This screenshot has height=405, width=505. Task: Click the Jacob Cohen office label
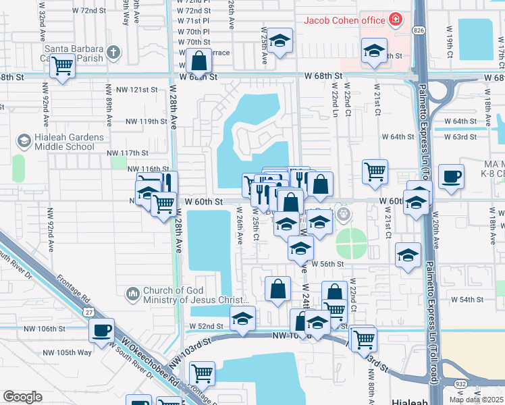[x=344, y=20]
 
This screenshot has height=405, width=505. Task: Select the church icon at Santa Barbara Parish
[x=113, y=51]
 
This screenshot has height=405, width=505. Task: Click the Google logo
[x=22, y=397]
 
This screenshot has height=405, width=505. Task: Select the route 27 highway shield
[x=89, y=312]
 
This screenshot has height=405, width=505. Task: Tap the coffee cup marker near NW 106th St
[x=101, y=331]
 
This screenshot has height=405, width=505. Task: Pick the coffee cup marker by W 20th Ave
[x=451, y=177]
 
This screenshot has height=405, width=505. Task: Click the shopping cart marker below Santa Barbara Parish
[x=63, y=67]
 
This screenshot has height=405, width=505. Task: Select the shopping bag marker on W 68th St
[x=199, y=62]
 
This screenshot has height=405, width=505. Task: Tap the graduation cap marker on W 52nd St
[x=242, y=319]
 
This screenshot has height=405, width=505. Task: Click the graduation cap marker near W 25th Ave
[x=280, y=42]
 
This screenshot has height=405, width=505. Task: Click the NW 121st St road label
[x=137, y=89]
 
